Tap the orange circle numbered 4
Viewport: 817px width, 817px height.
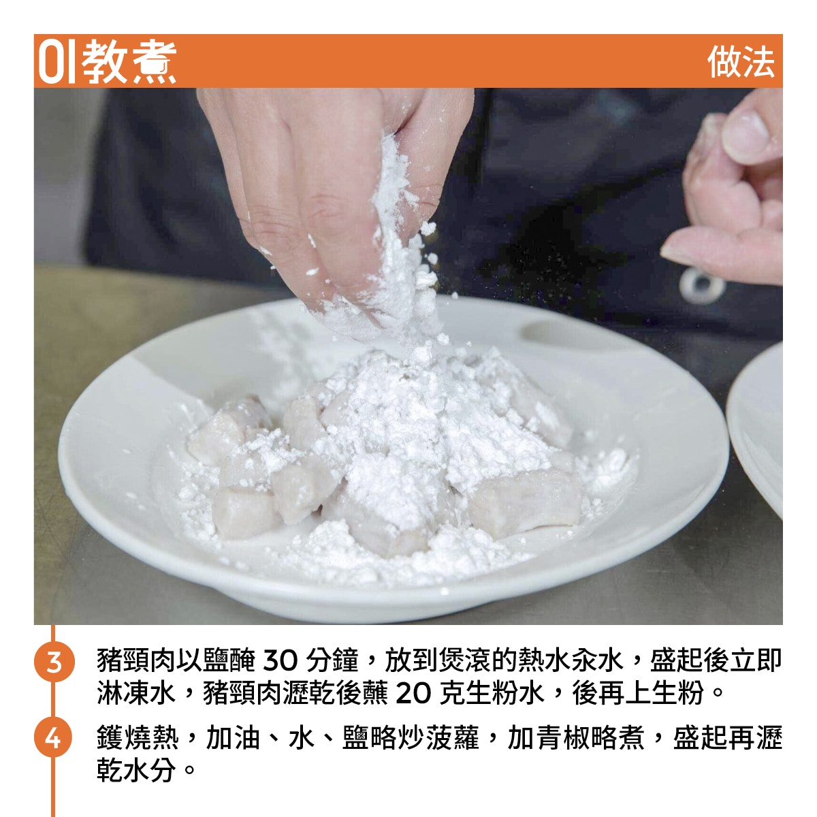[54, 739]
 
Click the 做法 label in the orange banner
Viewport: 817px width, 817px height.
[741, 62]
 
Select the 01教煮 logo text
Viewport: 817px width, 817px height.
[108, 61]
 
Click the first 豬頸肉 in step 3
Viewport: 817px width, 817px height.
[136, 660]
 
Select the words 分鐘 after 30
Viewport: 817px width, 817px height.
[333, 660]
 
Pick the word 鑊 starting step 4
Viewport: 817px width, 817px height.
[110, 738]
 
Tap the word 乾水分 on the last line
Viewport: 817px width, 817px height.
[136, 769]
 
